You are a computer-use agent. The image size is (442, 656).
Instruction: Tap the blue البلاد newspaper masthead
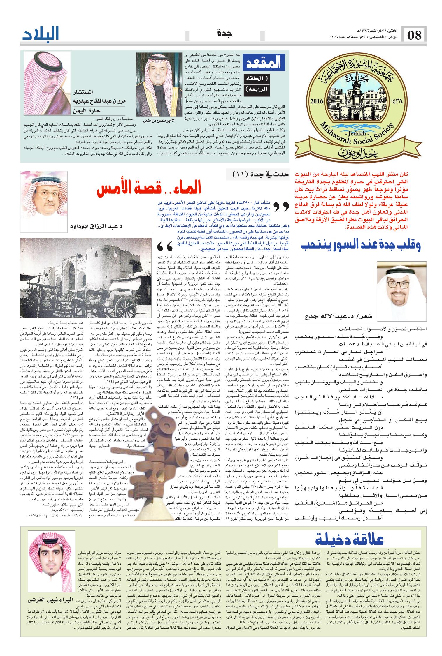[41, 34]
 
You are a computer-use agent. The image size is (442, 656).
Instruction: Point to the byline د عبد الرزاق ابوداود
[96, 227]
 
